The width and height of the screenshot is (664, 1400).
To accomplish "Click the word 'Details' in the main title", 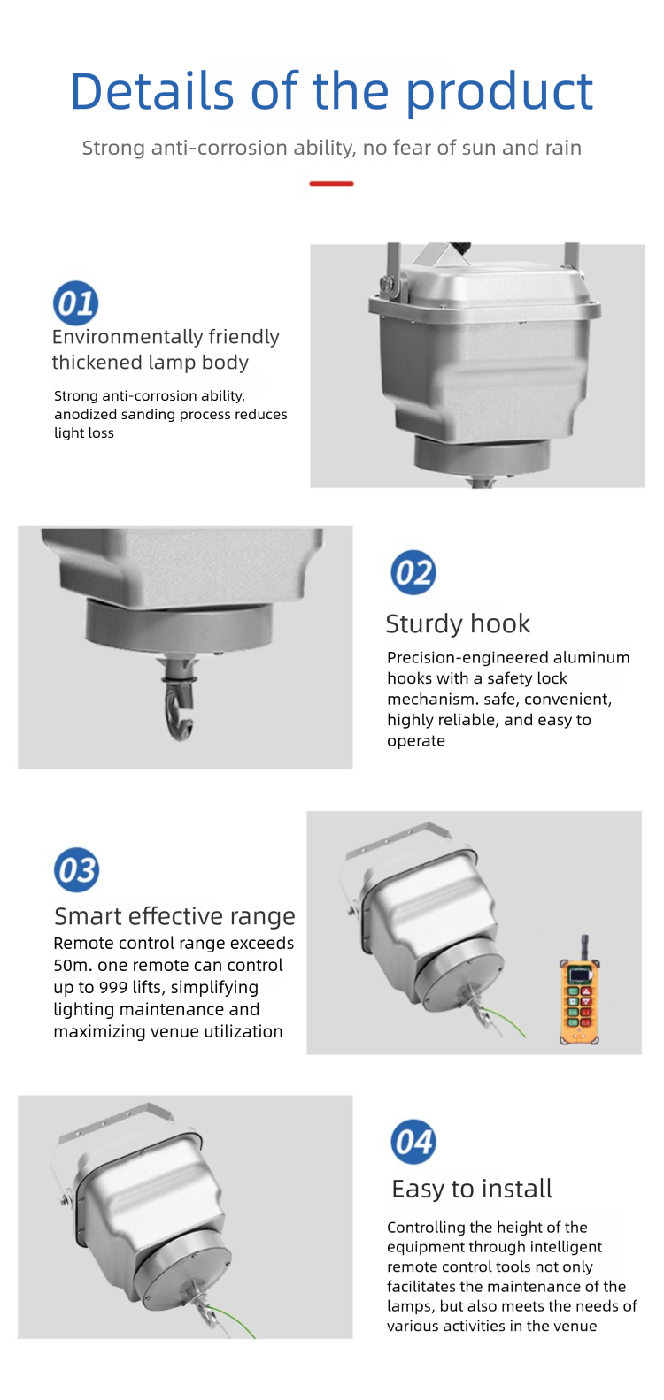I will (153, 91).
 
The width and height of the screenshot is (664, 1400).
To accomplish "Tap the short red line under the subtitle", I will (331, 184).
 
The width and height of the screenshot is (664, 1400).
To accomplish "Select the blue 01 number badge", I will (75, 303).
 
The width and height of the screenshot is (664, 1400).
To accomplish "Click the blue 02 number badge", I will (413, 572).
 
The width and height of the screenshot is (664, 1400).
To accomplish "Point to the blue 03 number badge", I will (76, 870).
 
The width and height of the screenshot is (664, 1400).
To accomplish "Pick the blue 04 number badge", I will (413, 1142).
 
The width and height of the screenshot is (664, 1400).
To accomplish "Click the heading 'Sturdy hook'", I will (458, 623).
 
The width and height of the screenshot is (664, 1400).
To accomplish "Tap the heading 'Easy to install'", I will (472, 1189).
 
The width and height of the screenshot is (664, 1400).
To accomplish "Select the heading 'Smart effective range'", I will (174, 916).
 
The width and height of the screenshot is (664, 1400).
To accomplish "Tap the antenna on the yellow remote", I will (584, 947).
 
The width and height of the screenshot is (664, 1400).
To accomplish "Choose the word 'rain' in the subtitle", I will (563, 148).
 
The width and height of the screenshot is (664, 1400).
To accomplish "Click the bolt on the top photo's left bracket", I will (385, 284).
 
